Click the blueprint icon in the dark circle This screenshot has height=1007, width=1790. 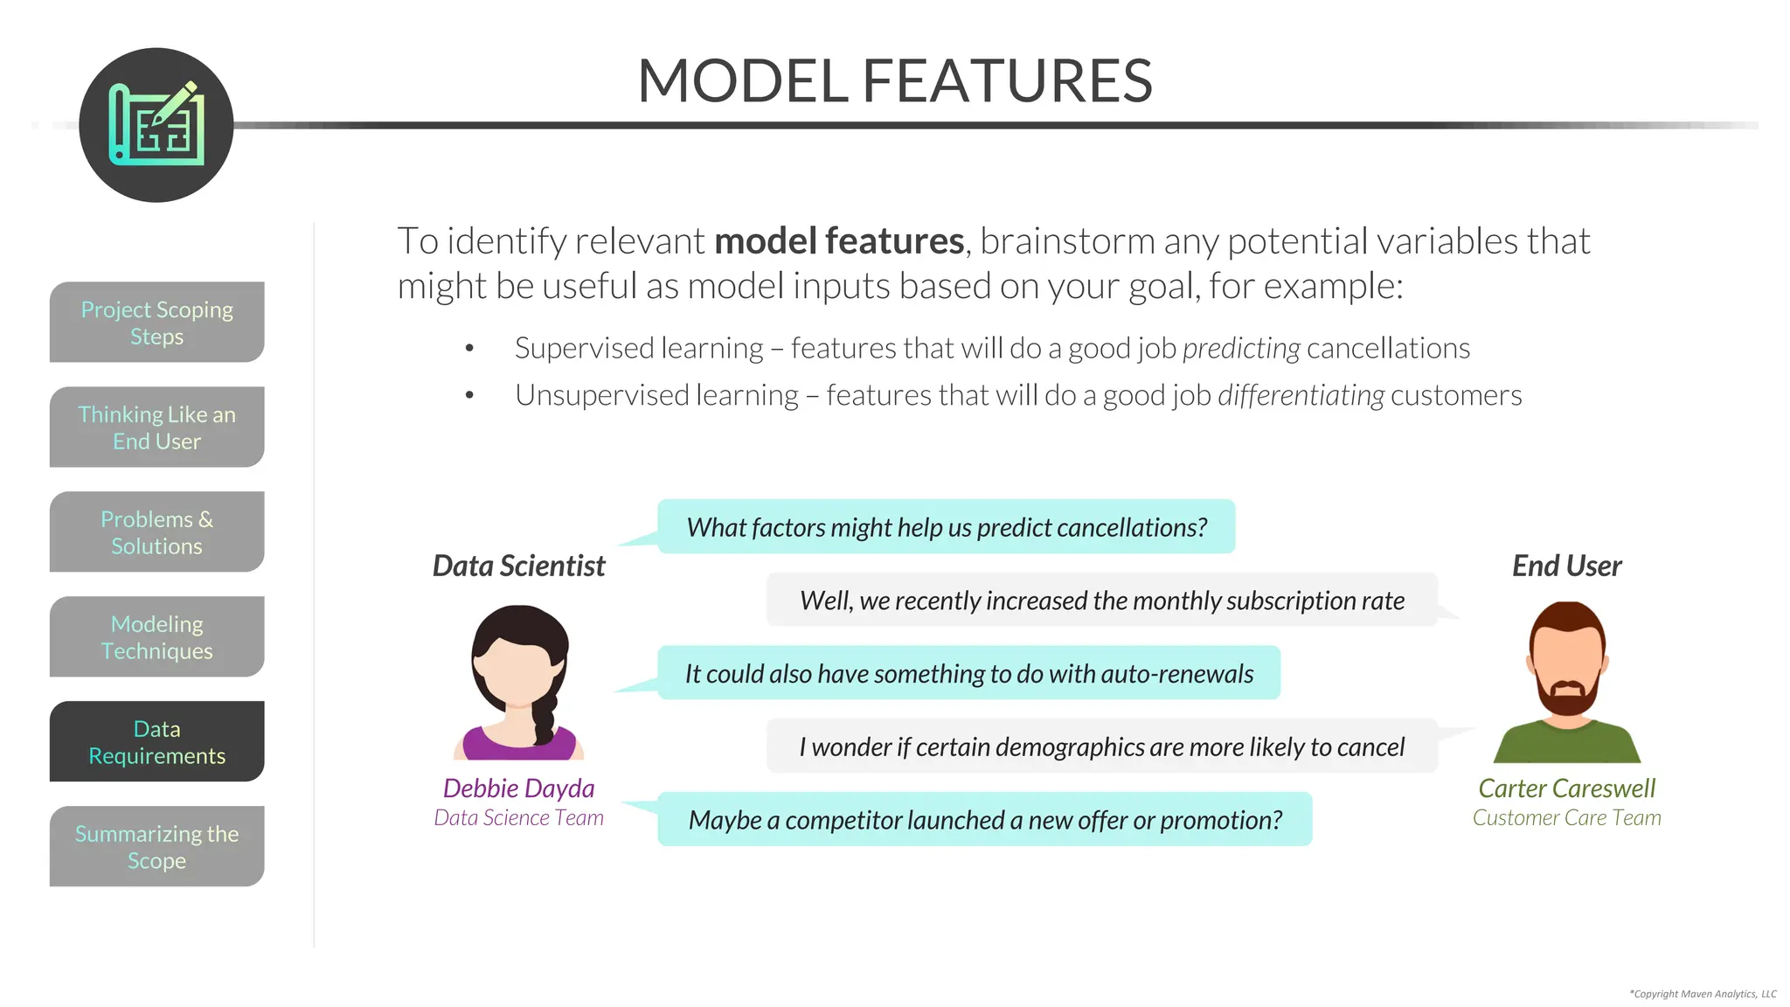[x=156, y=125]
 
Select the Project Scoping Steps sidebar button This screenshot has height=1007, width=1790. [x=156, y=323]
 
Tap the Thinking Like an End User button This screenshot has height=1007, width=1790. [x=156, y=427]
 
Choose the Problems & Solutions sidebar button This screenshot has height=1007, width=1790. [x=156, y=532]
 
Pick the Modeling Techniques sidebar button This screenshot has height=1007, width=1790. [x=156, y=637]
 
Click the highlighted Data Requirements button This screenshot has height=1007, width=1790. [x=156, y=742]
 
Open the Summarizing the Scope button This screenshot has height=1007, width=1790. [x=156, y=847]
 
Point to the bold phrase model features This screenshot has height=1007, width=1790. [x=838, y=241]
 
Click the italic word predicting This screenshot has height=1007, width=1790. [x=1241, y=349]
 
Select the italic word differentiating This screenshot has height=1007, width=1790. [x=1301, y=396]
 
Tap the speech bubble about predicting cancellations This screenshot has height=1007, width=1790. [x=946, y=527]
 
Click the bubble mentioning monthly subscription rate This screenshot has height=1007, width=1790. [x=1101, y=601]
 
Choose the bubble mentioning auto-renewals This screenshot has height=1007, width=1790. [x=968, y=673]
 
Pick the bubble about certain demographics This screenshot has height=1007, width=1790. [x=1101, y=747]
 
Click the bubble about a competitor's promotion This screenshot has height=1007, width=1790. [x=984, y=820]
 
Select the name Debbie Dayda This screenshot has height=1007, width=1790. [x=518, y=788]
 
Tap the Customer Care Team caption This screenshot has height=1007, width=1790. [x=1566, y=818]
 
